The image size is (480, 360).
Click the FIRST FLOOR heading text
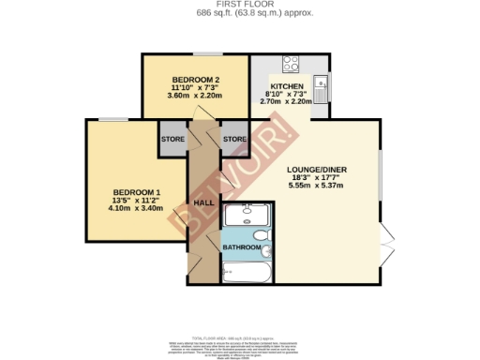click(239, 5)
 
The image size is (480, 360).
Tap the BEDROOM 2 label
click(196, 79)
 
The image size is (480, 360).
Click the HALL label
click(202, 202)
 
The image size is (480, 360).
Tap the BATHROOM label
click(241, 247)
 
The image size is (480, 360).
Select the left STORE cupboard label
click(172, 140)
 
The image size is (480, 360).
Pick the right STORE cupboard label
click(233, 140)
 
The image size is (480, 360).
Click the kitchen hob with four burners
click(291, 65)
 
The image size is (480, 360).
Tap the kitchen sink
click(321, 85)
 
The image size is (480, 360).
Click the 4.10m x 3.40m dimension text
click(124, 209)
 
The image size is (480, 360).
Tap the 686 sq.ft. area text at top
click(239, 14)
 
